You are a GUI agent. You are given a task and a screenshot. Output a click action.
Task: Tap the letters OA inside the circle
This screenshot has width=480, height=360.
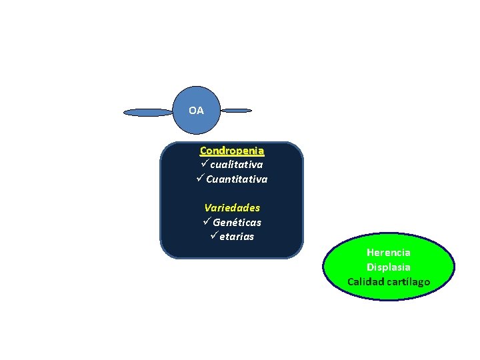tap(196, 111)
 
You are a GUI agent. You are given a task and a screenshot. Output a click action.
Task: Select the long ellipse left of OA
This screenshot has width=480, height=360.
tap(148, 113)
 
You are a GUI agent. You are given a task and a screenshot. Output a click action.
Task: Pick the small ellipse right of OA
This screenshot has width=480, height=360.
tap(236, 110)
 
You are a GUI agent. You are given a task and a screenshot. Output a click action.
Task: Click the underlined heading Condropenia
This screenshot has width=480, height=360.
tap(231, 151)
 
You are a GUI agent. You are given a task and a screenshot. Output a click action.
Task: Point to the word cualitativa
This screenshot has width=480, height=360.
tap(237, 164)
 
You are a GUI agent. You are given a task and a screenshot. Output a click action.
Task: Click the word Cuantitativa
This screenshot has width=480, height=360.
tap(237, 179)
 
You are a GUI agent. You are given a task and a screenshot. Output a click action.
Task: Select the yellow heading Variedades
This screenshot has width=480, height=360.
tap(232, 208)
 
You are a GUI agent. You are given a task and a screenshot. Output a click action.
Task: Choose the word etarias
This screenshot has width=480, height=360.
tap(237, 237)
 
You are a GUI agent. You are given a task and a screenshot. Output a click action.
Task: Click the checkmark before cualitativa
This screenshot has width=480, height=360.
tap(205, 164)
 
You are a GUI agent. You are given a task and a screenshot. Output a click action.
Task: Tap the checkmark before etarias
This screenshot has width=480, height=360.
tap(213, 237)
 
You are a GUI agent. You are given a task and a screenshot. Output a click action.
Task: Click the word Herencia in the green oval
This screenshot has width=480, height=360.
tap(389, 253)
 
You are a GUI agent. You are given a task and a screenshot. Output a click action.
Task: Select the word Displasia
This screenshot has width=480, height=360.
tap(389, 267)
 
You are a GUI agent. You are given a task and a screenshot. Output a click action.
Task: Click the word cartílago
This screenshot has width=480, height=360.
tap(408, 281)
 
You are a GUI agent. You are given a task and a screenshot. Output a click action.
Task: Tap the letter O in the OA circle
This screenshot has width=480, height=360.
tap(192, 111)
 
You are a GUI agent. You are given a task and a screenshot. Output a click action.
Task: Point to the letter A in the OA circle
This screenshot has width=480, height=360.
tap(200, 111)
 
